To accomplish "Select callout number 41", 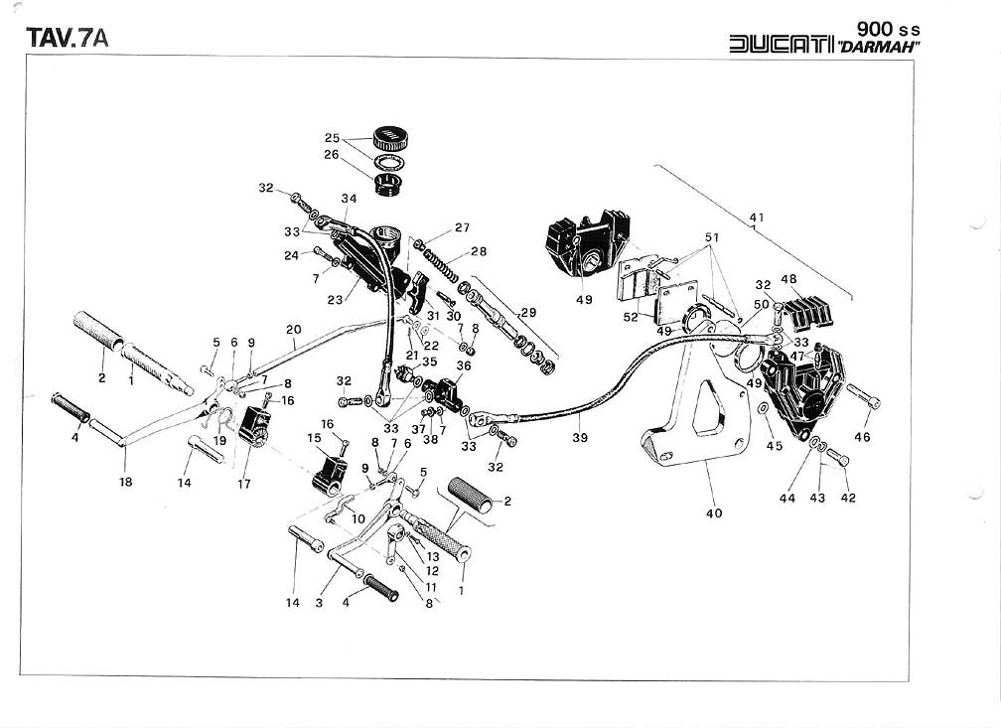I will click(757, 216).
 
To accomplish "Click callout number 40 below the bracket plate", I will click(713, 513).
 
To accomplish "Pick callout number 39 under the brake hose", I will click(578, 435).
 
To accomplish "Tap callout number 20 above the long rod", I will click(293, 330).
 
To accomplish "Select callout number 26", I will click(332, 155).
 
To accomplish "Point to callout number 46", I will click(862, 436).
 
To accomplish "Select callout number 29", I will click(528, 312).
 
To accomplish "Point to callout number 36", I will click(463, 365).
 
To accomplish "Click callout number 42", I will click(847, 499).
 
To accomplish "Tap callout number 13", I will click(433, 557).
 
